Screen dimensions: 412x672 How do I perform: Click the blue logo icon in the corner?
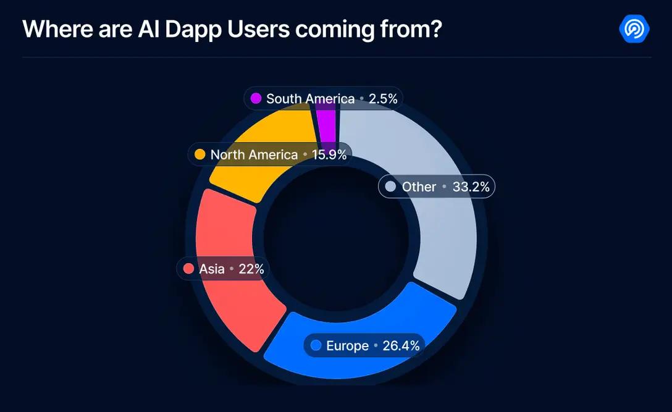[635, 28]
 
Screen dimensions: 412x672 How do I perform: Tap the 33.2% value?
[471, 187]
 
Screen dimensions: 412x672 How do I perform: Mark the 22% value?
[251, 269]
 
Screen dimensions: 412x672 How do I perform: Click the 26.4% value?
[401, 346]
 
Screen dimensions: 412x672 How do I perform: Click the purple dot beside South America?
[256, 98]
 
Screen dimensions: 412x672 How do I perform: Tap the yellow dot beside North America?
[199, 154]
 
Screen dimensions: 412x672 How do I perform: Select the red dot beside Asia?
[188, 269]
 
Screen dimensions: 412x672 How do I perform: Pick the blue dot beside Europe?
[316, 346]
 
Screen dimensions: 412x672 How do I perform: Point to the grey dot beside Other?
[390, 187]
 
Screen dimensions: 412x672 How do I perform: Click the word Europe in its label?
[347, 346]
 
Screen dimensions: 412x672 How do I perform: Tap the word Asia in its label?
[212, 269]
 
